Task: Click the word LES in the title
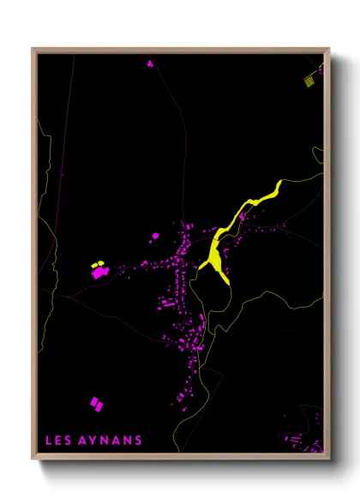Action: (x=58, y=441)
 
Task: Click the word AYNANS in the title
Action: (x=109, y=441)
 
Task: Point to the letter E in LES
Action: (x=58, y=441)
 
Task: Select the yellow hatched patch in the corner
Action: (x=309, y=80)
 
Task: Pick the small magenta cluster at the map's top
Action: (x=150, y=63)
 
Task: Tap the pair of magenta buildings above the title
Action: (x=96, y=402)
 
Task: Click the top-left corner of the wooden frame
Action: (x=34, y=50)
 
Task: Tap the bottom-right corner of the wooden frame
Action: (x=328, y=458)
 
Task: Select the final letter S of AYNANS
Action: (x=139, y=441)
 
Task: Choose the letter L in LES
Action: (x=49, y=441)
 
